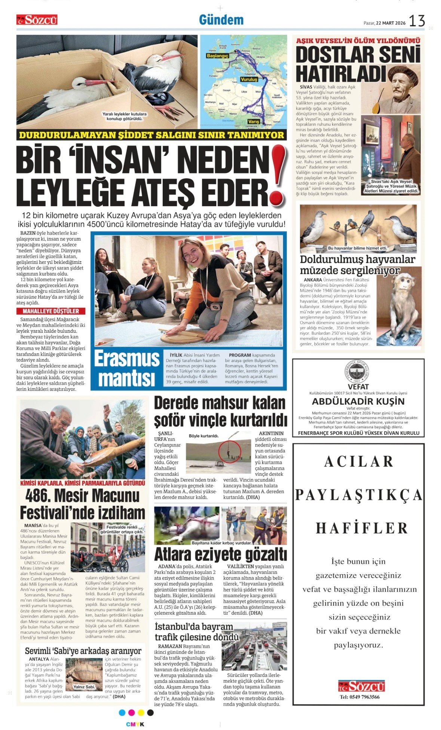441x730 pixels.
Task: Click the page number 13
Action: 417,21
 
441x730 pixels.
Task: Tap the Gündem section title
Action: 221,20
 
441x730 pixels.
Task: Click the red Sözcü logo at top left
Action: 37,20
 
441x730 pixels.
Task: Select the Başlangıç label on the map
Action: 217,56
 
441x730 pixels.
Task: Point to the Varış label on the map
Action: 253,122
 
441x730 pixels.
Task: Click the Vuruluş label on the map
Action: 249,79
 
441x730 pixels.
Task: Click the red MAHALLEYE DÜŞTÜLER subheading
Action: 51,311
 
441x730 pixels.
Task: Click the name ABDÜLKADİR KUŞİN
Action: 358,401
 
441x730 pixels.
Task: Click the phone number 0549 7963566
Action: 359,697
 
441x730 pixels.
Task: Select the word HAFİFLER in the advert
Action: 362,528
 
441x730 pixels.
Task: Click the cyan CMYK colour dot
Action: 122,712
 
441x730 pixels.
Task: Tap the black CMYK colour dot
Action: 150,712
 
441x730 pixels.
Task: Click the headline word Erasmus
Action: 126,359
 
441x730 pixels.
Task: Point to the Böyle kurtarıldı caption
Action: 204,436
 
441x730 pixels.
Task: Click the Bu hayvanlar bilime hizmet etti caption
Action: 357,248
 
